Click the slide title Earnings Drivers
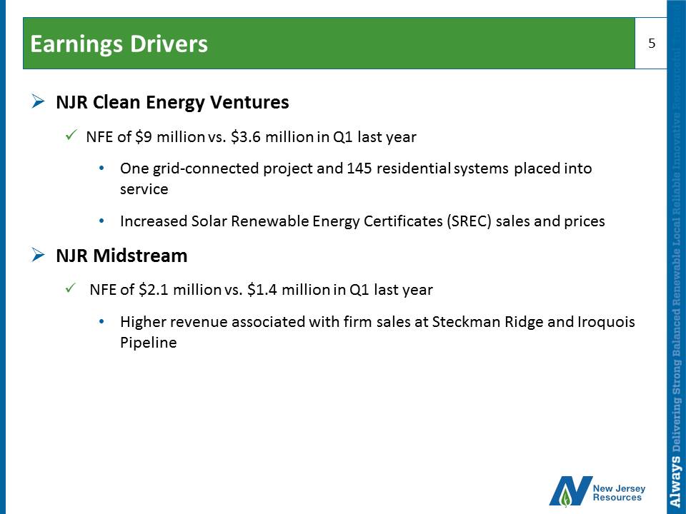click(x=119, y=44)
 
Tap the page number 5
click(x=652, y=44)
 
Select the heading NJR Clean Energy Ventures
click(x=172, y=102)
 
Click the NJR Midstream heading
click(x=121, y=256)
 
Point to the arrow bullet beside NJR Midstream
click(x=38, y=255)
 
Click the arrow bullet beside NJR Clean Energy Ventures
click(x=38, y=102)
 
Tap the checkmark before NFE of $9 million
click(x=71, y=135)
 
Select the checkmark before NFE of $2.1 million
click(x=71, y=288)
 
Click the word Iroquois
click(x=607, y=322)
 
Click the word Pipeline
click(x=149, y=342)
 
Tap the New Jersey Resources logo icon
click(x=571, y=491)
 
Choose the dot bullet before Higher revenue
click(x=102, y=322)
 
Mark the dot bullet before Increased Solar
click(x=102, y=221)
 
